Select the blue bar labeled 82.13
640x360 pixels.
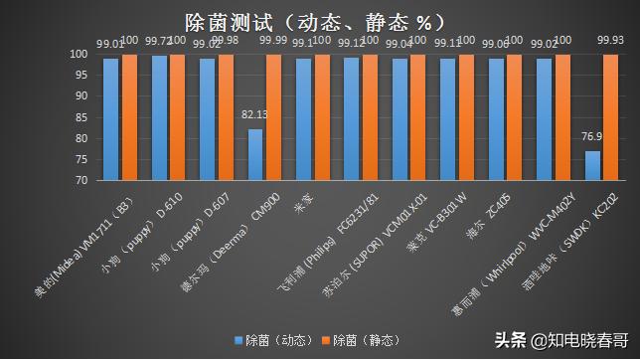point(255,155)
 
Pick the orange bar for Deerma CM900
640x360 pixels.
point(271,117)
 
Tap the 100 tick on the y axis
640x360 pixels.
point(78,55)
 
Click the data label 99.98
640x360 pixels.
point(228,40)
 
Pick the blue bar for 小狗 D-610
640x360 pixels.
point(159,118)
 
